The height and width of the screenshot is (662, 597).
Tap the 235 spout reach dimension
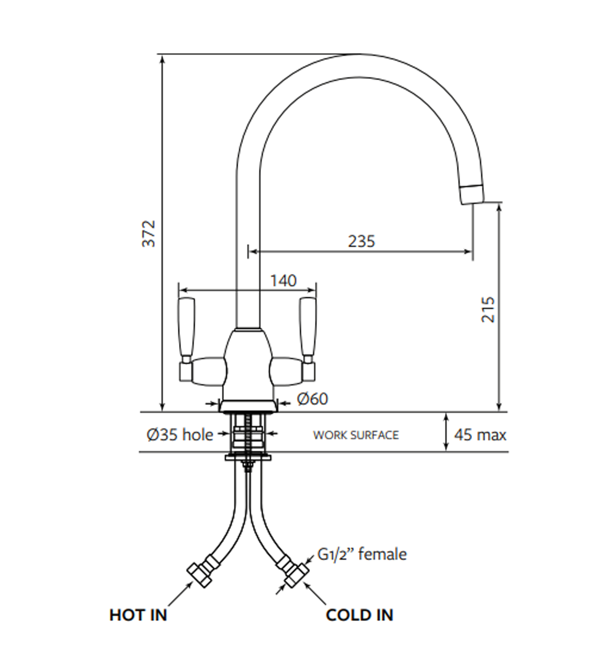pos(361,241)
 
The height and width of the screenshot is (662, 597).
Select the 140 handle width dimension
pos(283,281)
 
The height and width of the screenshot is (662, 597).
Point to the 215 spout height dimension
pos(488,309)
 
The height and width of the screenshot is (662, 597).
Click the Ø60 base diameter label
pos(312,399)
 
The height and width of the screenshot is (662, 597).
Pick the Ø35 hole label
pos(180,435)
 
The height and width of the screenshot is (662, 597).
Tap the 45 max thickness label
pos(480,435)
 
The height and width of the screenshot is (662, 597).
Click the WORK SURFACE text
pos(356,435)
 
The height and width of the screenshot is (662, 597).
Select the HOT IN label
pos(138,615)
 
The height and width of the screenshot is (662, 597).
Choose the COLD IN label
pos(360,615)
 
